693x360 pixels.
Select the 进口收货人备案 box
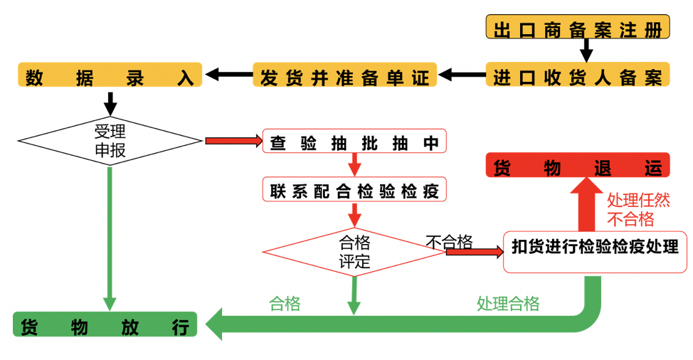[x=577, y=75]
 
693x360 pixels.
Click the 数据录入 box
[x=110, y=75]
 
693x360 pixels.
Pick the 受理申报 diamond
[x=110, y=140]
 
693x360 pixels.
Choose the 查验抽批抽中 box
[x=354, y=141]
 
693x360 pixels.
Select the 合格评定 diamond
[x=354, y=252]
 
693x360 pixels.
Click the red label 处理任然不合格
[x=638, y=209]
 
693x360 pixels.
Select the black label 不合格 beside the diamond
[x=449, y=242]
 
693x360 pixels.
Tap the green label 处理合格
[x=508, y=304]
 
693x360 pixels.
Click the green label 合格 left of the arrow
[x=285, y=304]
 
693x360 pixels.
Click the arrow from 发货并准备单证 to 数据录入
[x=228, y=73]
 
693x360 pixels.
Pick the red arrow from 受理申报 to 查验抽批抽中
[x=233, y=141]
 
